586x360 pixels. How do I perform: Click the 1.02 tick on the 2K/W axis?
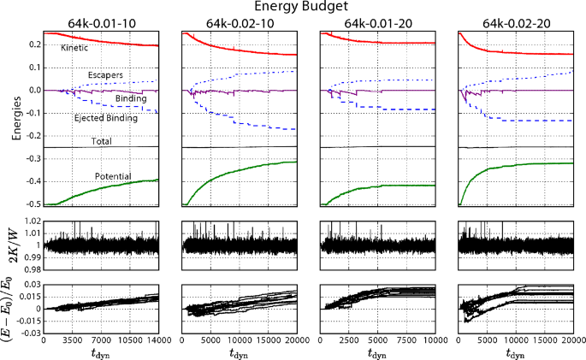click(x=32, y=222)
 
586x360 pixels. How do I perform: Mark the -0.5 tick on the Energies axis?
click(x=32, y=205)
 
